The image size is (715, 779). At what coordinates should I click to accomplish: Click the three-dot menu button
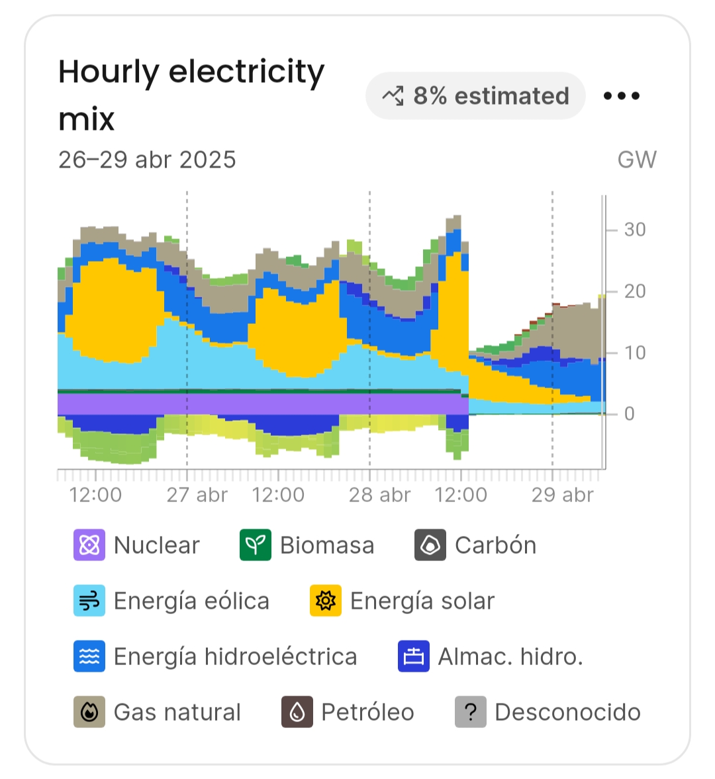[x=622, y=96]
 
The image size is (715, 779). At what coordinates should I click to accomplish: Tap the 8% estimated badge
[x=475, y=96]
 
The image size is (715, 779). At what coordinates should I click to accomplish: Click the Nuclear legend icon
[x=89, y=545]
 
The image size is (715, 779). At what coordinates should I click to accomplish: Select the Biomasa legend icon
[x=256, y=545]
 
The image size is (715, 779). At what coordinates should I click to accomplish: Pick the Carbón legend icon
[x=430, y=545]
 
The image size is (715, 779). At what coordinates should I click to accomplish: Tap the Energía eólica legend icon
[x=89, y=601]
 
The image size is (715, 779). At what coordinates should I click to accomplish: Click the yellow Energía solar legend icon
[x=326, y=601]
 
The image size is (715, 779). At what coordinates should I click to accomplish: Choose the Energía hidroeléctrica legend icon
[x=89, y=656]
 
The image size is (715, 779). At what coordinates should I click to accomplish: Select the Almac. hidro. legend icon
[x=414, y=656]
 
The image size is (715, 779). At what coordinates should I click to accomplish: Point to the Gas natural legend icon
[x=89, y=712]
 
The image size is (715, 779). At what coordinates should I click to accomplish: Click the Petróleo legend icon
[x=297, y=712]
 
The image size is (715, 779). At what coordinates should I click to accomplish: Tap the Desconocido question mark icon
[x=471, y=712]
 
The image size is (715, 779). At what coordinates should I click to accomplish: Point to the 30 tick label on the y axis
[x=635, y=230]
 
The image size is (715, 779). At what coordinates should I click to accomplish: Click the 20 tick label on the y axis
[x=635, y=291]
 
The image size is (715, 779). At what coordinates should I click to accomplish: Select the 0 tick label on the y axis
[x=630, y=414]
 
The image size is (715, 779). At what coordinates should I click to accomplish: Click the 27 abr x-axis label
[x=197, y=495]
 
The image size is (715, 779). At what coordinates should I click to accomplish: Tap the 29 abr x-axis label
[x=562, y=495]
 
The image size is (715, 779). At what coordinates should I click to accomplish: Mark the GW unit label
[x=637, y=160]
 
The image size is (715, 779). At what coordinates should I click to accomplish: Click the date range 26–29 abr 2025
[x=147, y=160]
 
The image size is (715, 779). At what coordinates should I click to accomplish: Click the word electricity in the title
[x=246, y=72]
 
